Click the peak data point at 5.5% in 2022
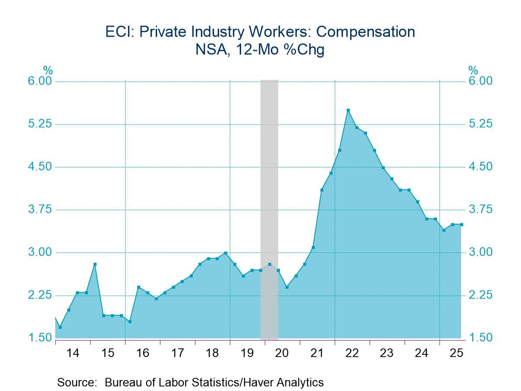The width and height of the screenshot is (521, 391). [348, 110]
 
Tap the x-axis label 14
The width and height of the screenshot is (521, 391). [73, 353]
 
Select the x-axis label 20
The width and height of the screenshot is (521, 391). [282, 353]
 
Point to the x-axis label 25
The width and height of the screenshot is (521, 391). [456, 353]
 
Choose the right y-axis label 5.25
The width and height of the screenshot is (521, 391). [480, 124]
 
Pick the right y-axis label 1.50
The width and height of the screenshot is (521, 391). [480, 337]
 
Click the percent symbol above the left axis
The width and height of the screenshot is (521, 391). [47, 70]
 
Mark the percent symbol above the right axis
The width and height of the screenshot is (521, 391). [473, 70]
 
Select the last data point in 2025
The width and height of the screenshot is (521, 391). [461, 224]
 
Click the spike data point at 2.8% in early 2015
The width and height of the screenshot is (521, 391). [95, 264]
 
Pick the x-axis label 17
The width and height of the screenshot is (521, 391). [177, 353]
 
